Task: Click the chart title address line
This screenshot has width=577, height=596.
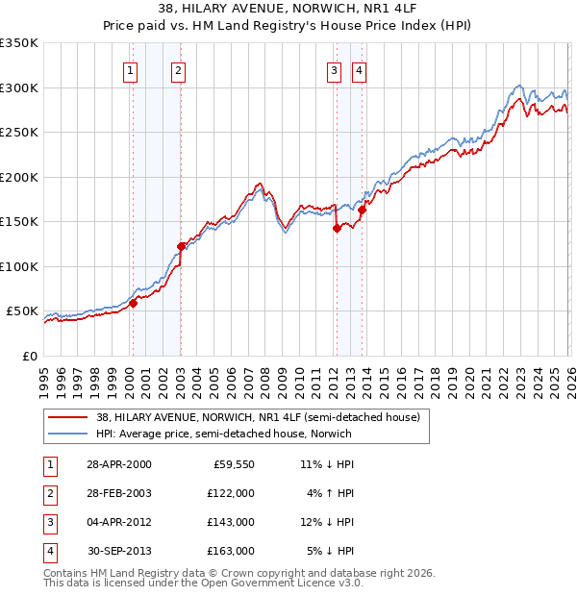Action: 288,9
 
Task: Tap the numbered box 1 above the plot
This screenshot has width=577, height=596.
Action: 130,69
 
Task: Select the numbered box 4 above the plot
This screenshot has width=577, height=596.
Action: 358,69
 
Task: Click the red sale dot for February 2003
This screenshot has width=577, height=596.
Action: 181,246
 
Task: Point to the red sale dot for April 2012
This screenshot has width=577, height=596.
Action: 337,228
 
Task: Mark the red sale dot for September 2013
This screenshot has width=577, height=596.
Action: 362,210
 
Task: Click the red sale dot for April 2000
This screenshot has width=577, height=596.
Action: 133,303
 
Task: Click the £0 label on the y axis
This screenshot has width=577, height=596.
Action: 29,356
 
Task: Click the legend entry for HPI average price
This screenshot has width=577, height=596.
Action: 223,434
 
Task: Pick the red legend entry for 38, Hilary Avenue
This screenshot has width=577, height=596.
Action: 258,418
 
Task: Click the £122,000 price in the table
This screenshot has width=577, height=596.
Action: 231,492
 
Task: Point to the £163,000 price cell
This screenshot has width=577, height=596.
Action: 231,551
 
